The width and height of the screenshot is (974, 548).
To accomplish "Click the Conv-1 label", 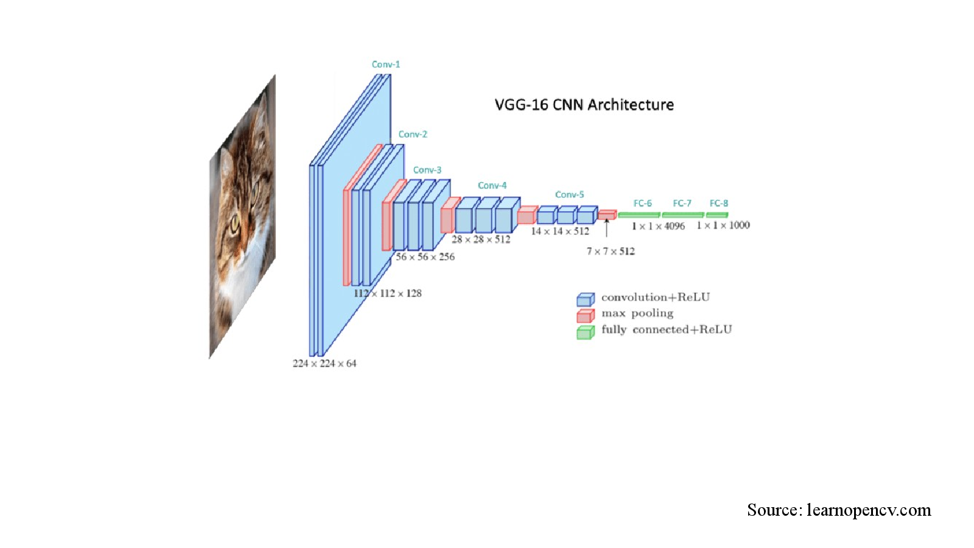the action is pyautogui.click(x=386, y=65).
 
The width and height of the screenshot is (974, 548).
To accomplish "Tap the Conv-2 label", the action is pyautogui.click(x=413, y=135).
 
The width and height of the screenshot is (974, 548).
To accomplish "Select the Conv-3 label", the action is pyautogui.click(x=427, y=170).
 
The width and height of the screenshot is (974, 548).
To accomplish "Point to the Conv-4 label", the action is pyautogui.click(x=492, y=186).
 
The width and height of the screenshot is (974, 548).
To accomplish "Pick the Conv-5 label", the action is pyautogui.click(x=569, y=194).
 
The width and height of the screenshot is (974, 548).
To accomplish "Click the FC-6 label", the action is pyautogui.click(x=643, y=203).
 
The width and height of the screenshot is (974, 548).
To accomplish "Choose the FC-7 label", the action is pyautogui.click(x=682, y=203).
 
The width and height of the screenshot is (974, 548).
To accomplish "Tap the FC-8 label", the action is pyautogui.click(x=719, y=203).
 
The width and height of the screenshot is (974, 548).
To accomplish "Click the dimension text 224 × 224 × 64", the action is pyautogui.click(x=324, y=364).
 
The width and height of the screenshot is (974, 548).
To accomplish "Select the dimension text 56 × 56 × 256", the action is pyautogui.click(x=425, y=257).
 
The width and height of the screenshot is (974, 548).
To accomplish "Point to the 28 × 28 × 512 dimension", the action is pyautogui.click(x=481, y=240).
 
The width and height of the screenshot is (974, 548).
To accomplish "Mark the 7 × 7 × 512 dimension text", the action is pyautogui.click(x=611, y=251).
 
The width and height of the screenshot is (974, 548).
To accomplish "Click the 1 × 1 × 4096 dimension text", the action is pyautogui.click(x=658, y=226).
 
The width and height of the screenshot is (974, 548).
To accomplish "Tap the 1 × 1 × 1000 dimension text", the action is pyautogui.click(x=723, y=225).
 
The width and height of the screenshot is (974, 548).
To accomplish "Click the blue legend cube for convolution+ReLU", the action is pyautogui.click(x=585, y=299).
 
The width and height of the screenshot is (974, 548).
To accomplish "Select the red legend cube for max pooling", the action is pyautogui.click(x=585, y=316).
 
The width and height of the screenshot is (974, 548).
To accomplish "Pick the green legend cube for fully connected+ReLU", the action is pyautogui.click(x=585, y=332).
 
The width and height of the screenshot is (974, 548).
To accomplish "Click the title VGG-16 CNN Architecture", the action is pyautogui.click(x=584, y=105).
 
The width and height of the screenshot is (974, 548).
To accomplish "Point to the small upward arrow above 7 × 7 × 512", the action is pyautogui.click(x=606, y=228).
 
